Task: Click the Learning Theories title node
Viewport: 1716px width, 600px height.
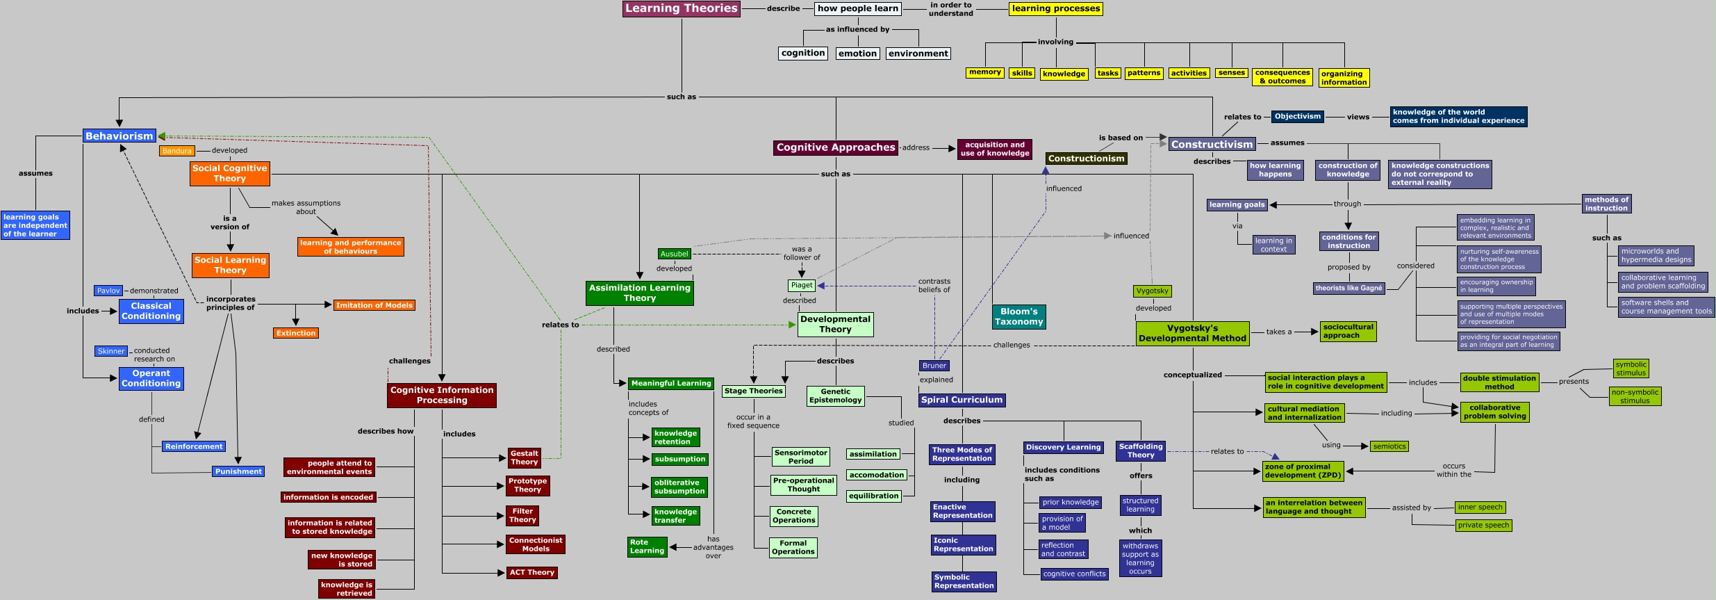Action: coord(682,8)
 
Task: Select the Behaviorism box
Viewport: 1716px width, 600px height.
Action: coord(119,136)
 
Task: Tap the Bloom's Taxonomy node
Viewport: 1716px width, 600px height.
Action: coord(1019,317)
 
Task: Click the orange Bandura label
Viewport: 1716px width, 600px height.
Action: coord(177,151)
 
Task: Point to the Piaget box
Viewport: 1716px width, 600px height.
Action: coord(802,285)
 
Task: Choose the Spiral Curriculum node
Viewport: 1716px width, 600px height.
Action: coord(962,400)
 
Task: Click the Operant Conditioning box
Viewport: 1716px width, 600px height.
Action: coord(151,378)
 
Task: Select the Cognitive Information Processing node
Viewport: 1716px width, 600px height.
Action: coord(442,395)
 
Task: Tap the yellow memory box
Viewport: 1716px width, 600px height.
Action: coord(985,72)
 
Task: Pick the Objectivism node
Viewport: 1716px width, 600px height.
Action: coord(1298,117)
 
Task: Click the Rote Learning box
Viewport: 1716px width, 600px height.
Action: coord(647,546)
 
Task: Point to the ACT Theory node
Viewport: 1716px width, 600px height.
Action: coord(532,573)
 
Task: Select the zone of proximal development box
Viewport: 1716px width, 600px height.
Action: coord(1303,471)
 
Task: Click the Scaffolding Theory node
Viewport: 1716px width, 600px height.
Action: coord(1141,451)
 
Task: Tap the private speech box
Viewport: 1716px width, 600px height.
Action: coord(1484,526)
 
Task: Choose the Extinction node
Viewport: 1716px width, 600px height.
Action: coord(296,333)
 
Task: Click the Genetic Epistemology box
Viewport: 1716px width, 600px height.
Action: coord(836,396)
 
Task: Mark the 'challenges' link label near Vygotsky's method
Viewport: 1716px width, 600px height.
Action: coord(1012,345)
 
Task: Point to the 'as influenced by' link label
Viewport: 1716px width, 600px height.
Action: coord(857,29)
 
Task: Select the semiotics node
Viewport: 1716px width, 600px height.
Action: coord(1389,446)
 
